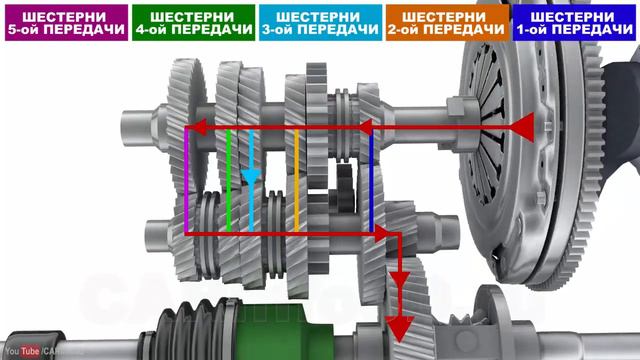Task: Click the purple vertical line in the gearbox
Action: [x=186, y=180]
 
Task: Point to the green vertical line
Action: [x=228, y=180]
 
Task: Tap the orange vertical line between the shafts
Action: [x=296, y=180]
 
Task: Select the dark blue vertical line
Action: [x=371, y=180]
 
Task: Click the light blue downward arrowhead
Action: [x=252, y=179]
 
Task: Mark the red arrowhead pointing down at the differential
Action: [x=400, y=330]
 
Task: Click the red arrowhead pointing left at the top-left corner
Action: [x=197, y=128]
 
